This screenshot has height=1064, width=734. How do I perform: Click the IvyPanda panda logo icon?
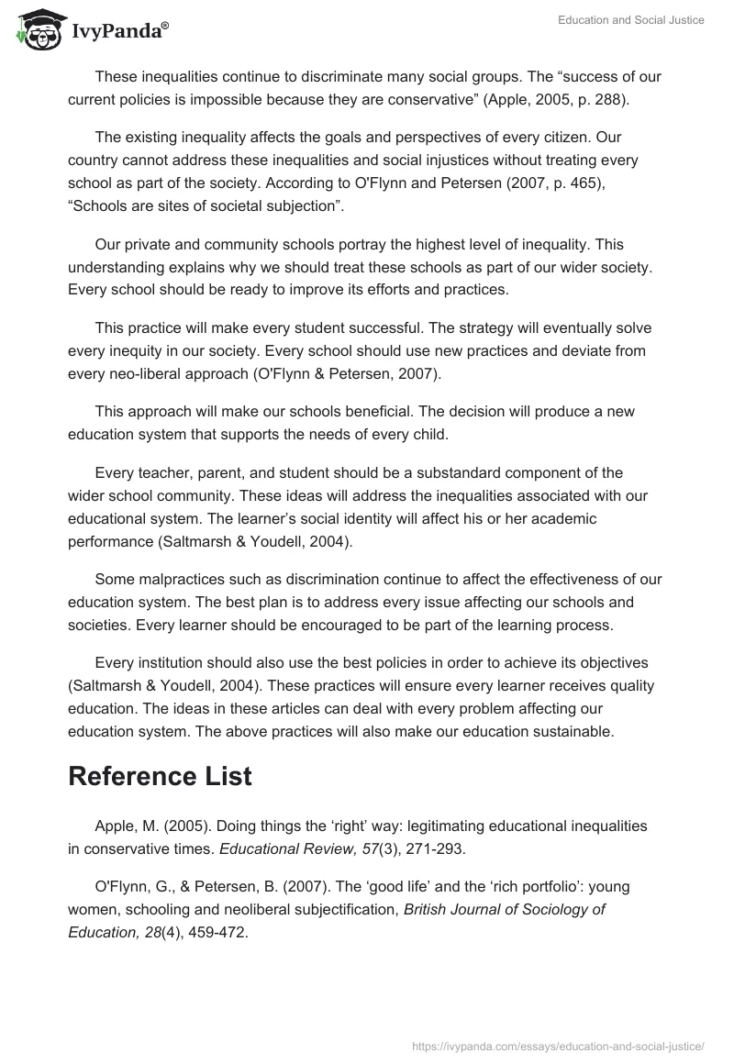(37, 28)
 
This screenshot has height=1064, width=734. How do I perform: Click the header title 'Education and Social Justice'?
(630, 20)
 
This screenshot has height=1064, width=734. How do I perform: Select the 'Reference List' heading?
(160, 775)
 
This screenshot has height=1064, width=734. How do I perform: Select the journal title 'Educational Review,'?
(266, 849)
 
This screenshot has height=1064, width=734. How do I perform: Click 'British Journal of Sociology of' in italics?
(505, 910)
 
